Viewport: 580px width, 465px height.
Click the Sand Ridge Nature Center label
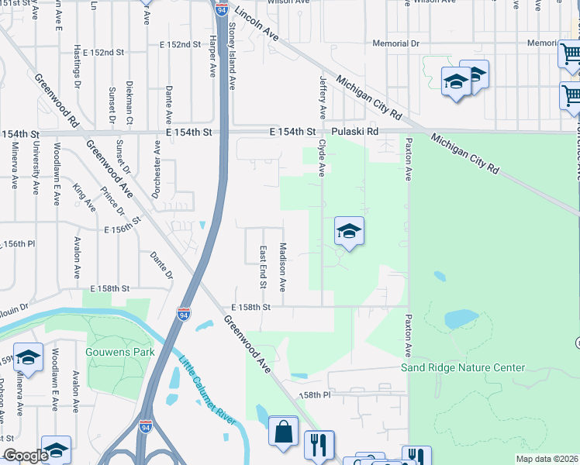(462, 367)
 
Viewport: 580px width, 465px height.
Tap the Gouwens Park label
(121, 352)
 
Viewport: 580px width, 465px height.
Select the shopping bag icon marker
(283, 431)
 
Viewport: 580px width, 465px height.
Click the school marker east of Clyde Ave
(349, 231)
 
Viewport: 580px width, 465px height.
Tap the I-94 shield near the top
(222, 9)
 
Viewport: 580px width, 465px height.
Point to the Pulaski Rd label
(354, 133)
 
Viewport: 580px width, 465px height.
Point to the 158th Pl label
(316, 395)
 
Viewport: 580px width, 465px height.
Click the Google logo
(25, 456)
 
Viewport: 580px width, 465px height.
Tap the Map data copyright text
(547, 459)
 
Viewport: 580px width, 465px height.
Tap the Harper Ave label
(212, 57)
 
